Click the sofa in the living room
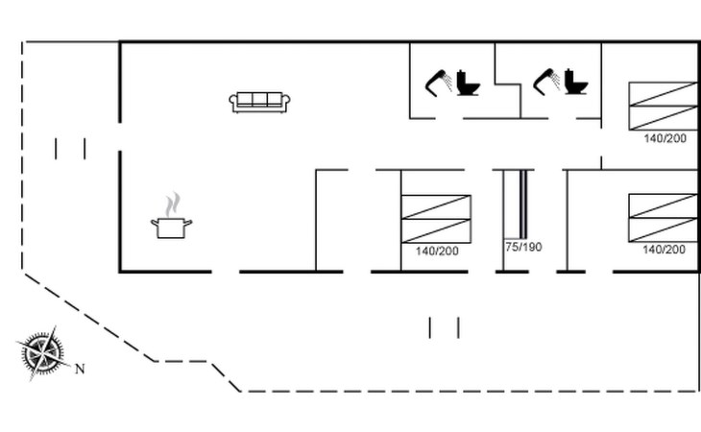pos(260,102)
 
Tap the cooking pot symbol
pos(171,228)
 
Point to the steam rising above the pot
pos(172,204)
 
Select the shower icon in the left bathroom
pos(440,81)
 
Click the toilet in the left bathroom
pos(469,83)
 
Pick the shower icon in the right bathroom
pos(547,81)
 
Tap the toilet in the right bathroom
pos(576,83)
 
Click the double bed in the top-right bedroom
pos(663,106)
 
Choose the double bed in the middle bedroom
pos(436,218)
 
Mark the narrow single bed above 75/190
pos(519,204)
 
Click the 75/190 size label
pos(523,247)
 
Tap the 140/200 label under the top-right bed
pos(665,138)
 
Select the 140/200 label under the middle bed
pos(437,251)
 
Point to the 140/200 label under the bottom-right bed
pos(665,250)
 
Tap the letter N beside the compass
pos(81,369)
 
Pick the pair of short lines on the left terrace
pos(70,149)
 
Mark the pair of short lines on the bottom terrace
pos(444,327)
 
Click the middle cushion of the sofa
pos(260,99)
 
